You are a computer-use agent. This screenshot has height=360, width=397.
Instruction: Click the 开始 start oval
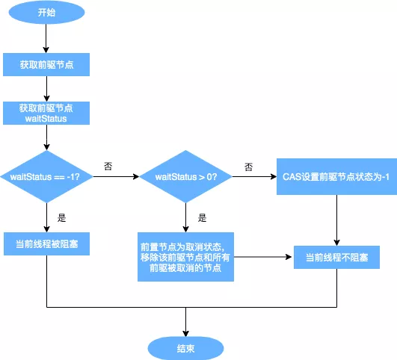coord(46,13)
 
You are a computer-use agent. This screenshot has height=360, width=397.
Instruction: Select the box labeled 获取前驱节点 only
coord(46,65)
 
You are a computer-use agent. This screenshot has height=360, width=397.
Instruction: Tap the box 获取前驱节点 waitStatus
coord(46,113)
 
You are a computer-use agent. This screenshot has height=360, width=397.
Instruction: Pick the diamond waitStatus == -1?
coord(46,177)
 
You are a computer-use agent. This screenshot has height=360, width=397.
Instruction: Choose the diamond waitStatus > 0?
coord(186,177)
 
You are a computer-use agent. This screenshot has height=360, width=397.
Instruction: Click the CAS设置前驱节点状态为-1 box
coord(336,176)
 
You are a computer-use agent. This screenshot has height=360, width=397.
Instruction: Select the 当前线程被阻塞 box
coord(46,243)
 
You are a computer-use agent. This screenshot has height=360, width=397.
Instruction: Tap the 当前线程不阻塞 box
coord(336,257)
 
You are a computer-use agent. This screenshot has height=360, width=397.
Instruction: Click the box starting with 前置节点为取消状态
coord(186,256)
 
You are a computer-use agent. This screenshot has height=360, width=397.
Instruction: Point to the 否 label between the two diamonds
coord(108,165)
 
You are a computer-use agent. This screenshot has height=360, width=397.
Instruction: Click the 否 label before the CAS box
coord(247,165)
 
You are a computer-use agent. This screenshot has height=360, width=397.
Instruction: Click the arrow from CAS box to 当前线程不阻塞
coord(336,220)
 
